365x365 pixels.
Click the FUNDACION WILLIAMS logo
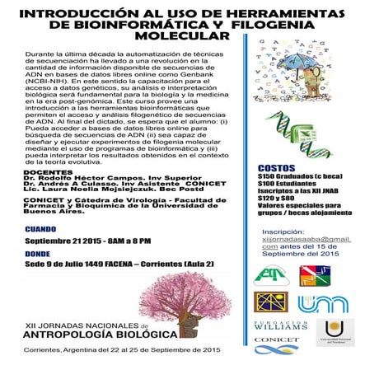point(283,321)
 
